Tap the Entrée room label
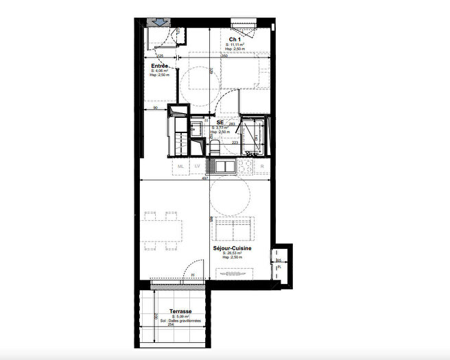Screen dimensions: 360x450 click(160, 66)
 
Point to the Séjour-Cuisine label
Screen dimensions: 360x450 click(232, 248)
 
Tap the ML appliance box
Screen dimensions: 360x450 click(180, 167)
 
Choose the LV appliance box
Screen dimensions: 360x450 click(197, 167)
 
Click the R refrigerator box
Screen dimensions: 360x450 click(262, 167)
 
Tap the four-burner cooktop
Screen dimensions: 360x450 click(245, 166)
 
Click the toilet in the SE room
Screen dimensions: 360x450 click(214, 146)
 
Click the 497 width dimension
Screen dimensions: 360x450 click(204, 178)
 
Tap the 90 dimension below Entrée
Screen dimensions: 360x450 click(156, 108)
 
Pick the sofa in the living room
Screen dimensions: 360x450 click(234, 228)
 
